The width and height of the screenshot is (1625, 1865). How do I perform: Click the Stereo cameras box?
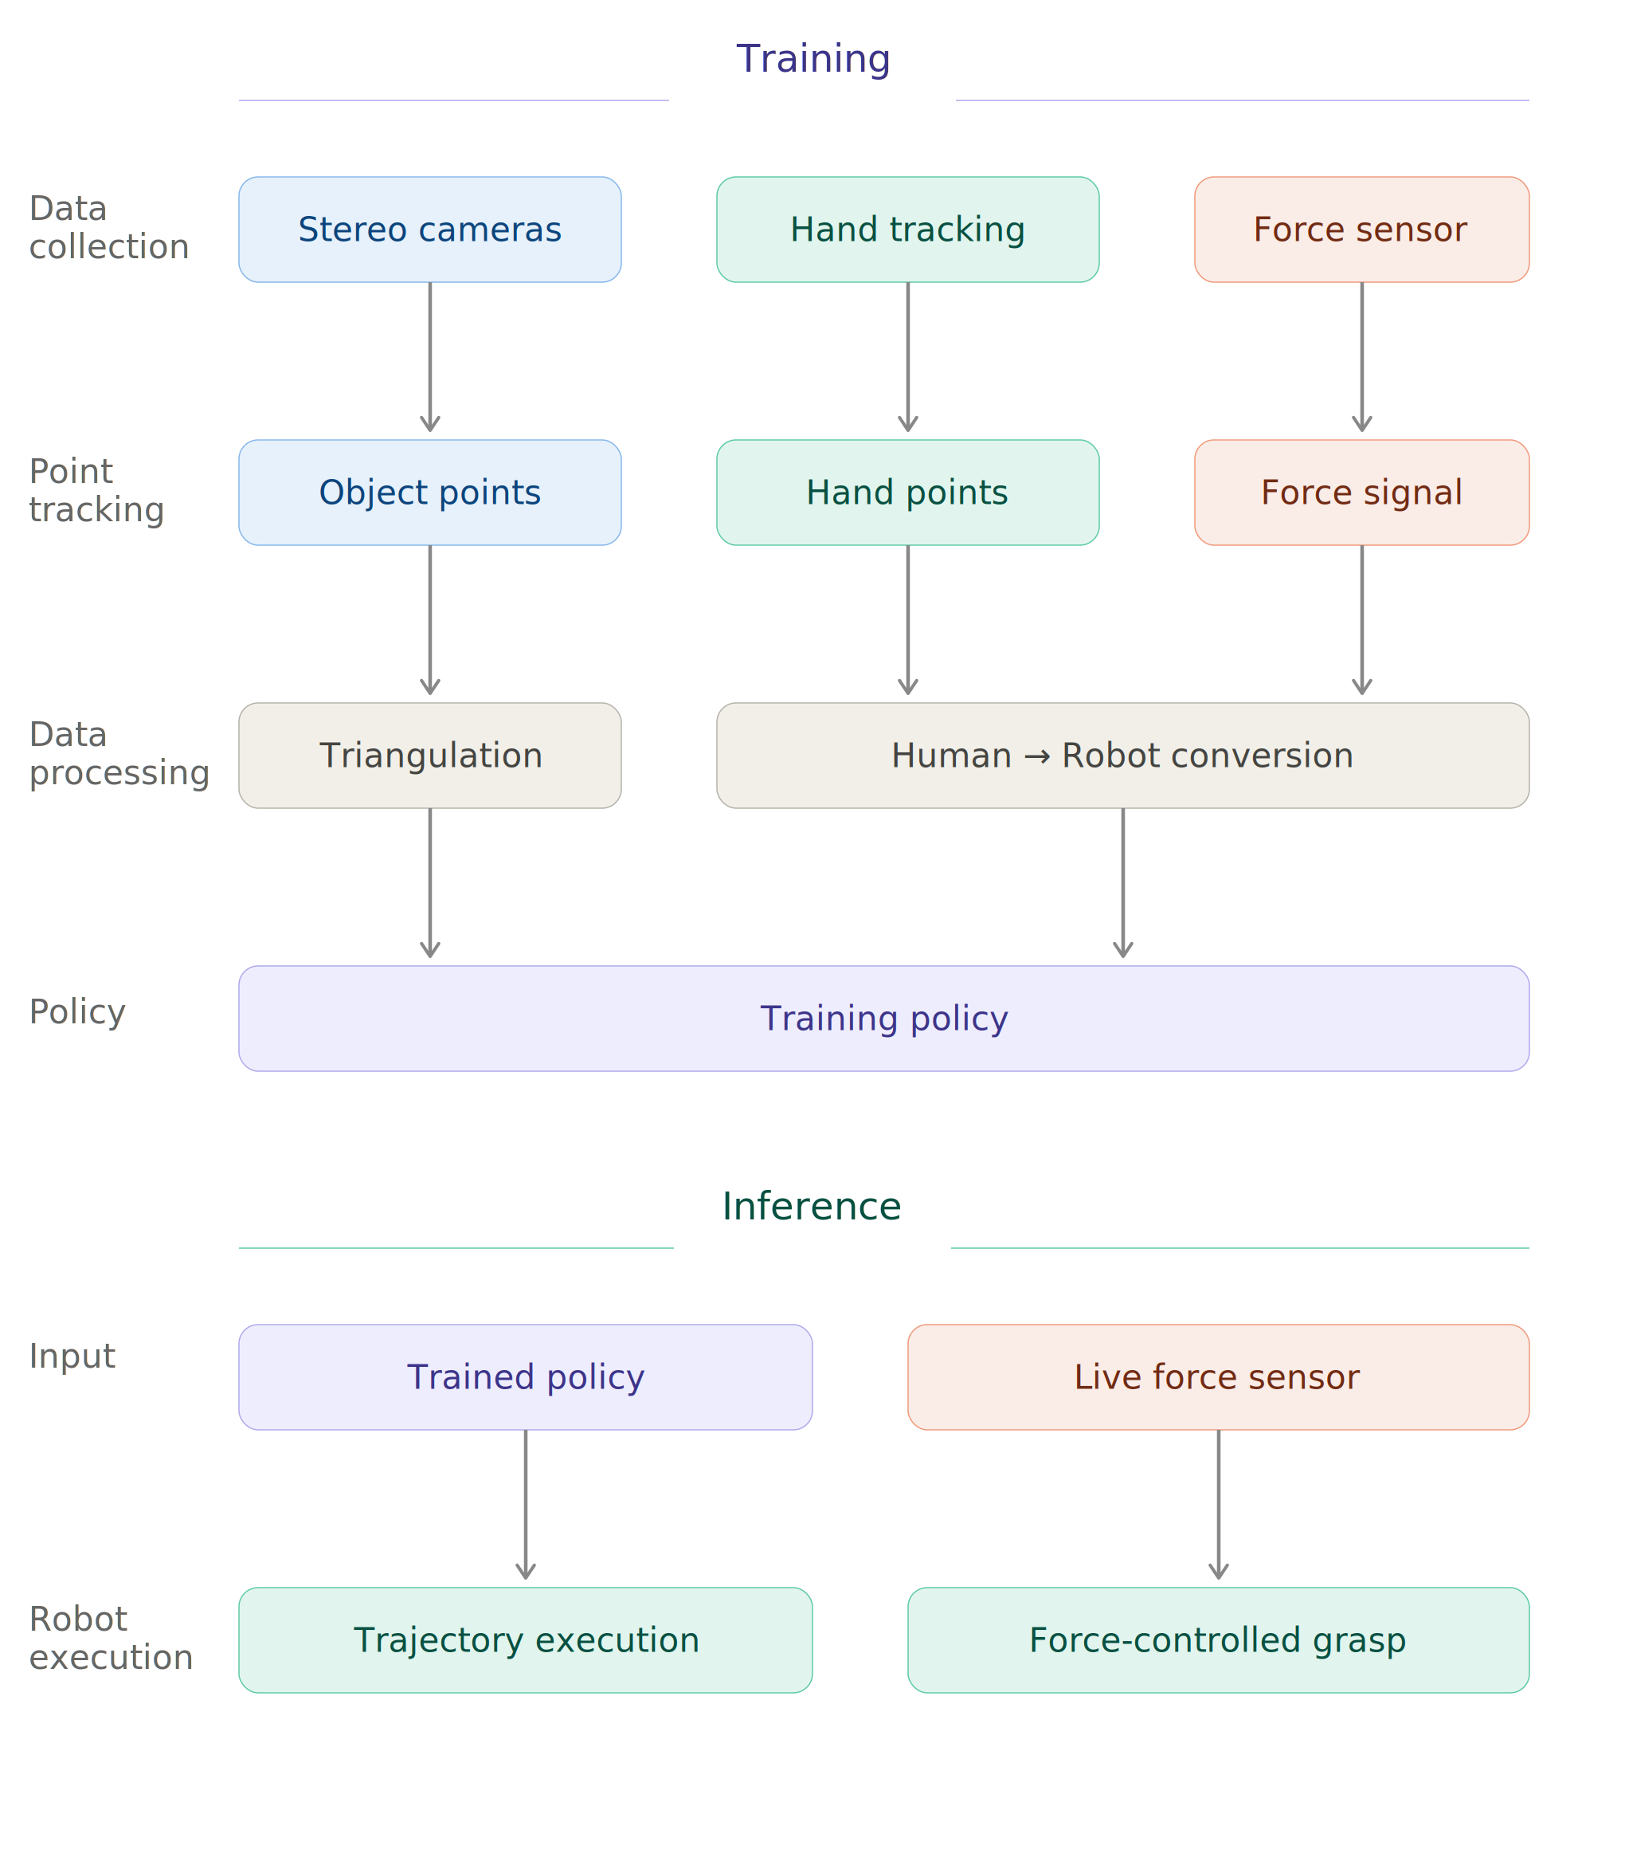(430, 230)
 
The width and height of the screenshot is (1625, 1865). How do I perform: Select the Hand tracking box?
(908, 230)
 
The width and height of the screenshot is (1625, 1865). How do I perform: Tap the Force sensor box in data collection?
(1361, 230)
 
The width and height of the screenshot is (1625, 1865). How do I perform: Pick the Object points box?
(430, 493)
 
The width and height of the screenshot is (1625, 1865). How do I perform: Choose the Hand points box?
(908, 493)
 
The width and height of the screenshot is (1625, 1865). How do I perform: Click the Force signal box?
(1361, 493)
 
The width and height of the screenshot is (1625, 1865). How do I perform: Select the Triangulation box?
(430, 756)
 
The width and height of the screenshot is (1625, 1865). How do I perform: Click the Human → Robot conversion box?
(1122, 756)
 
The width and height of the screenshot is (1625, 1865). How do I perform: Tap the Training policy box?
(883, 1019)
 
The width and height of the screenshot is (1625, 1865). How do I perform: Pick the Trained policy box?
(525, 1377)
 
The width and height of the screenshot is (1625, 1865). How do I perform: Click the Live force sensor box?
(1218, 1377)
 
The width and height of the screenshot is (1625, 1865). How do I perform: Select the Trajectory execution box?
(525, 1640)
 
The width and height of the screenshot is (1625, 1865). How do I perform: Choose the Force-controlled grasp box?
(1218, 1640)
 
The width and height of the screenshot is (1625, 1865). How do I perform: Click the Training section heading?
(813, 60)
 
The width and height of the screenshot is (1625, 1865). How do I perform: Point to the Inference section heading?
(812, 1207)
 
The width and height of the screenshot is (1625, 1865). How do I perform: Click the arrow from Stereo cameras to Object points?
(430, 359)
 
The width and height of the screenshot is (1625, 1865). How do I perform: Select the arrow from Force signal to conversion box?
(1361, 622)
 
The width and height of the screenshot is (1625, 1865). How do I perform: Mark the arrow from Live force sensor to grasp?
(1218, 1506)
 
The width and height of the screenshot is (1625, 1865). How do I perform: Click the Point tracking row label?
(96, 491)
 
